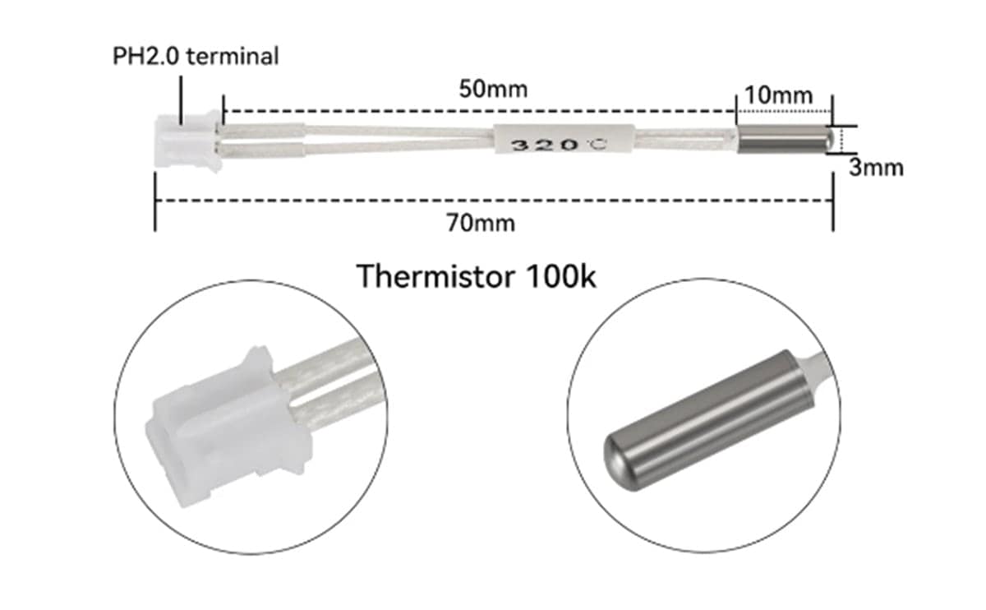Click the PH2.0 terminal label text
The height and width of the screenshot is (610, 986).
pos(196,56)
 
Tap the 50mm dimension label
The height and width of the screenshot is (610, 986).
pos(493,88)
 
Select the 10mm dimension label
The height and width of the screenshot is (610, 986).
pos(778,95)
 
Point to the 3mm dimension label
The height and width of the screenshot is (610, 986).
pos(876,168)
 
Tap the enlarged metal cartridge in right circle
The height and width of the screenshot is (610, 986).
pos(707,419)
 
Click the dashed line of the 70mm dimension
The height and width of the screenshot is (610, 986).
pos(329,201)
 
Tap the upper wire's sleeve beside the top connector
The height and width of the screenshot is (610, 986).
pos(263,129)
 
